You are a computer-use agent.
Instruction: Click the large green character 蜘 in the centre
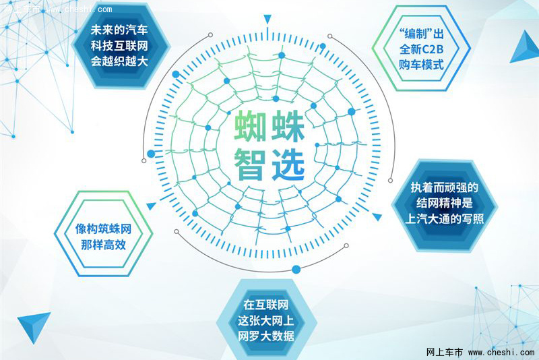(x=250, y=126)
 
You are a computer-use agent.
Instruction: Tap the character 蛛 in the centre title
(x=288, y=126)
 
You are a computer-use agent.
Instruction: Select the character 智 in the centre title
(x=250, y=164)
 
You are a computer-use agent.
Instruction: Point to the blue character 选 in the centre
(x=288, y=164)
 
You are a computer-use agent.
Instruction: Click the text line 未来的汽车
(x=119, y=30)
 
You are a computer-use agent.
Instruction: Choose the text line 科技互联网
(x=119, y=45)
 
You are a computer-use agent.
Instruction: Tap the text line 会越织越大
(x=119, y=61)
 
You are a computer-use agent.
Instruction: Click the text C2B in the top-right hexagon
(x=432, y=49)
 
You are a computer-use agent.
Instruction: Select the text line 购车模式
(x=422, y=64)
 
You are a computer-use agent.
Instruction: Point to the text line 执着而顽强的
(x=445, y=187)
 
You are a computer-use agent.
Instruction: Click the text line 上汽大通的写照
(x=445, y=218)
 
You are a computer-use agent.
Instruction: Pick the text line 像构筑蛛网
(x=103, y=229)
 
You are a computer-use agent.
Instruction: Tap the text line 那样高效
(x=103, y=245)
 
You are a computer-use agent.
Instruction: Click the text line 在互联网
(x=265, y=305)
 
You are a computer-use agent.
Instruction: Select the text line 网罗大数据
(x=265, y=336)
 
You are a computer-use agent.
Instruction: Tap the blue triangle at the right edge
(x=526, y=47)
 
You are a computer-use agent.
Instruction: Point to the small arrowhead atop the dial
(x=267, y=19)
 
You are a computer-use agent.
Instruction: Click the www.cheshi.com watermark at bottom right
(x=501, y=352)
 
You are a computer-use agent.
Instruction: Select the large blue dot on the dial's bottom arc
(x=296, y=269)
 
